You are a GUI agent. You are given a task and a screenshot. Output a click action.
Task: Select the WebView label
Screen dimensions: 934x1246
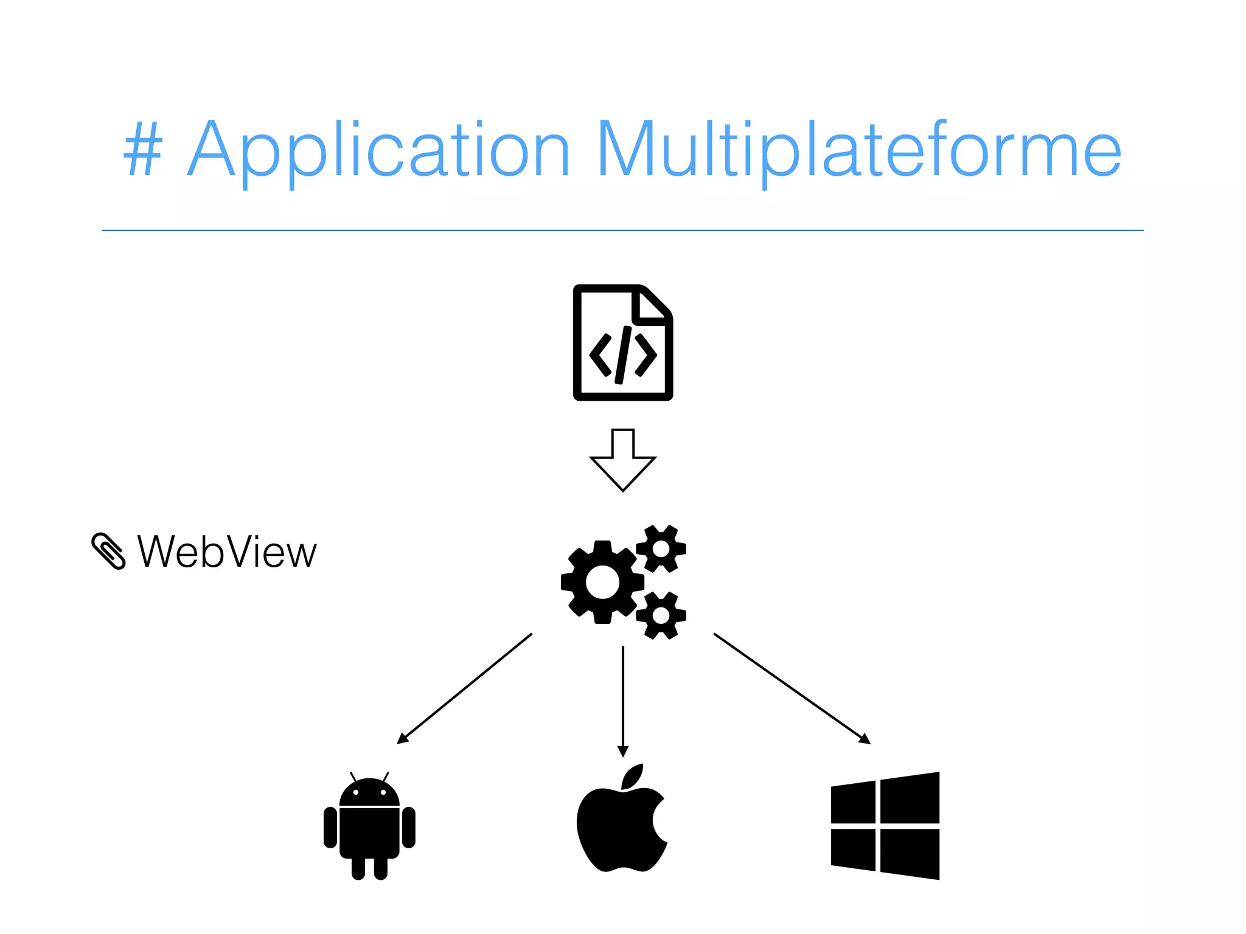[x=227, y=552]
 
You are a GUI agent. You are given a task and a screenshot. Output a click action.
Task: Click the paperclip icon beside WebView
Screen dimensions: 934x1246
[x=108, y=551]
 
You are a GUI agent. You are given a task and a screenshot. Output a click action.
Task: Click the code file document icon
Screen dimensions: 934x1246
[x=622, y=342]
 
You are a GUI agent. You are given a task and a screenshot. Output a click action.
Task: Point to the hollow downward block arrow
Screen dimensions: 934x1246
[x=622, y=460]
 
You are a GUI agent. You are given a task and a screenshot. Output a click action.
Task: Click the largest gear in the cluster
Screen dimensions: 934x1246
[x=602, y=582]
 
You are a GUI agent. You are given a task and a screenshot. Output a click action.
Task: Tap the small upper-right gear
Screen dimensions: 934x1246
[x=661, y=548]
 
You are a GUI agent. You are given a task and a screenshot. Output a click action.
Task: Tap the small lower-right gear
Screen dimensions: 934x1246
[x=661, y=615]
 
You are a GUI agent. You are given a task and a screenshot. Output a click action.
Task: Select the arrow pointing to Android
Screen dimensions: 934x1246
[x=464, y=688]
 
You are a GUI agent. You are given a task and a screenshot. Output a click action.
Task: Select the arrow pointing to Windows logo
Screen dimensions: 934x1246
[x=792, y=688]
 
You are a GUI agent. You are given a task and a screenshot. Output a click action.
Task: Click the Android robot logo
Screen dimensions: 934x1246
[x=369, y=827]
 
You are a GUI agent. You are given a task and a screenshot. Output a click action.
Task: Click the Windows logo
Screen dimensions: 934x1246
[x=885, y=826]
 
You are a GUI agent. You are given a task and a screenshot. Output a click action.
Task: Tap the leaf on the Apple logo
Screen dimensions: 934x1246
[x=633, y=777]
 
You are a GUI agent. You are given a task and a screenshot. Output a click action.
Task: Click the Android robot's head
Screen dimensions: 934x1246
[x=369, y=792]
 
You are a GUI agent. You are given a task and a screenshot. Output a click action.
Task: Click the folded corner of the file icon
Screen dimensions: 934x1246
[x=651, y=306]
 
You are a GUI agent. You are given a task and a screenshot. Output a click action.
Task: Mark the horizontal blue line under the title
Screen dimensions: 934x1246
[x=622, y=230]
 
